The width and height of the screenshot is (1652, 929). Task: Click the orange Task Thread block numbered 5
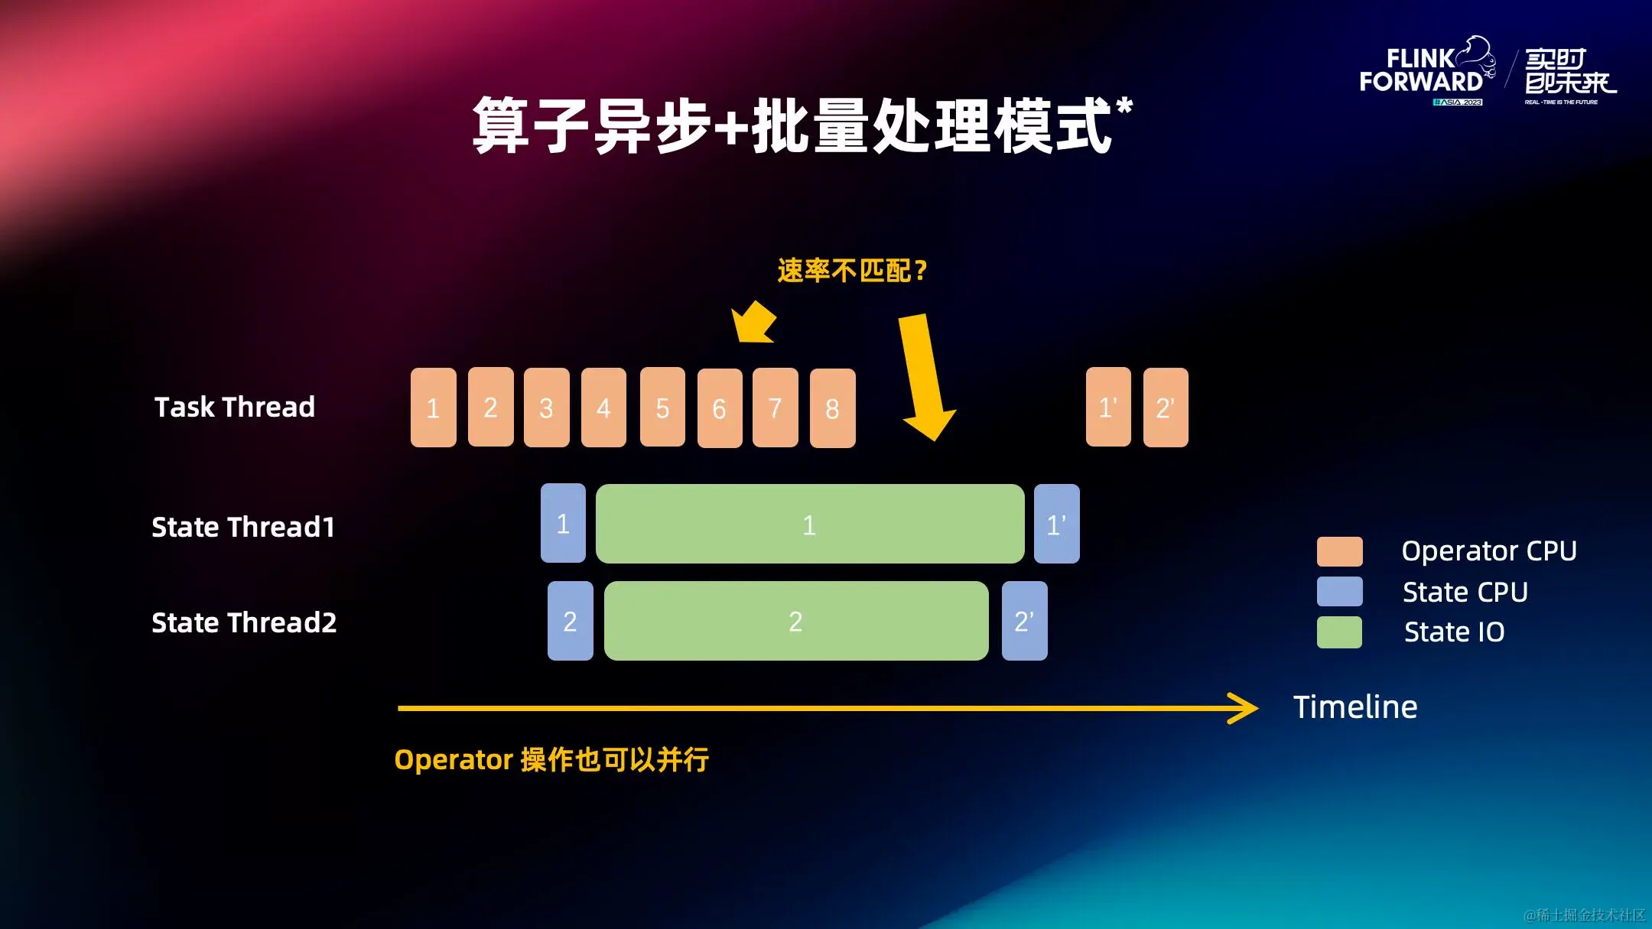click(x=662, y=407)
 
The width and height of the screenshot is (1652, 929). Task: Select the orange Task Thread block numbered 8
click(x=832, y=408)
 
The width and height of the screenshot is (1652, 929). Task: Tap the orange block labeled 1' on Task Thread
click(x=1108, y=407)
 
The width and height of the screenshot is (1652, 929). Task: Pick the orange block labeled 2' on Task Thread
click(x=1166, y=407)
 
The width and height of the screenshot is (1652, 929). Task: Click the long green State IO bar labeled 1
click(x=809, y=524)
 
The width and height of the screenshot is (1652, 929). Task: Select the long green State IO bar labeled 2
click(x=795, y=621)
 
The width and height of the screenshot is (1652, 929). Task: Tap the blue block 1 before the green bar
click(x=563, y=524)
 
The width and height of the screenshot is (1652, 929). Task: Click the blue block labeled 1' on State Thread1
click(x=1056, y=524)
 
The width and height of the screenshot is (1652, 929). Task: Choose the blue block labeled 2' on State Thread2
click(x=1024, y=621)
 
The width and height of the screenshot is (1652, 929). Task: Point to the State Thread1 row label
click(x=243, y=527)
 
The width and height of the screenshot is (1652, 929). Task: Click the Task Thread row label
click(x=235, y=407)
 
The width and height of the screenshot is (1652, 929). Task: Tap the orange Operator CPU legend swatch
click(x=1339, y=551)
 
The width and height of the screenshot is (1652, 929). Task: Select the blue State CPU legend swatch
click(x=1339, y=592)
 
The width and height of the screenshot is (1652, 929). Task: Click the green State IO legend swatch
click(x=1339, y=632)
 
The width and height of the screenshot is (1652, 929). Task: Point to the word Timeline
click(x=1355, y=707)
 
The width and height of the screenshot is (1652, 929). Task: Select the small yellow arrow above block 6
click(x=754, y=321)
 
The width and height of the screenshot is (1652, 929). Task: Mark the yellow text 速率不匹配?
click(x=852, y=271)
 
